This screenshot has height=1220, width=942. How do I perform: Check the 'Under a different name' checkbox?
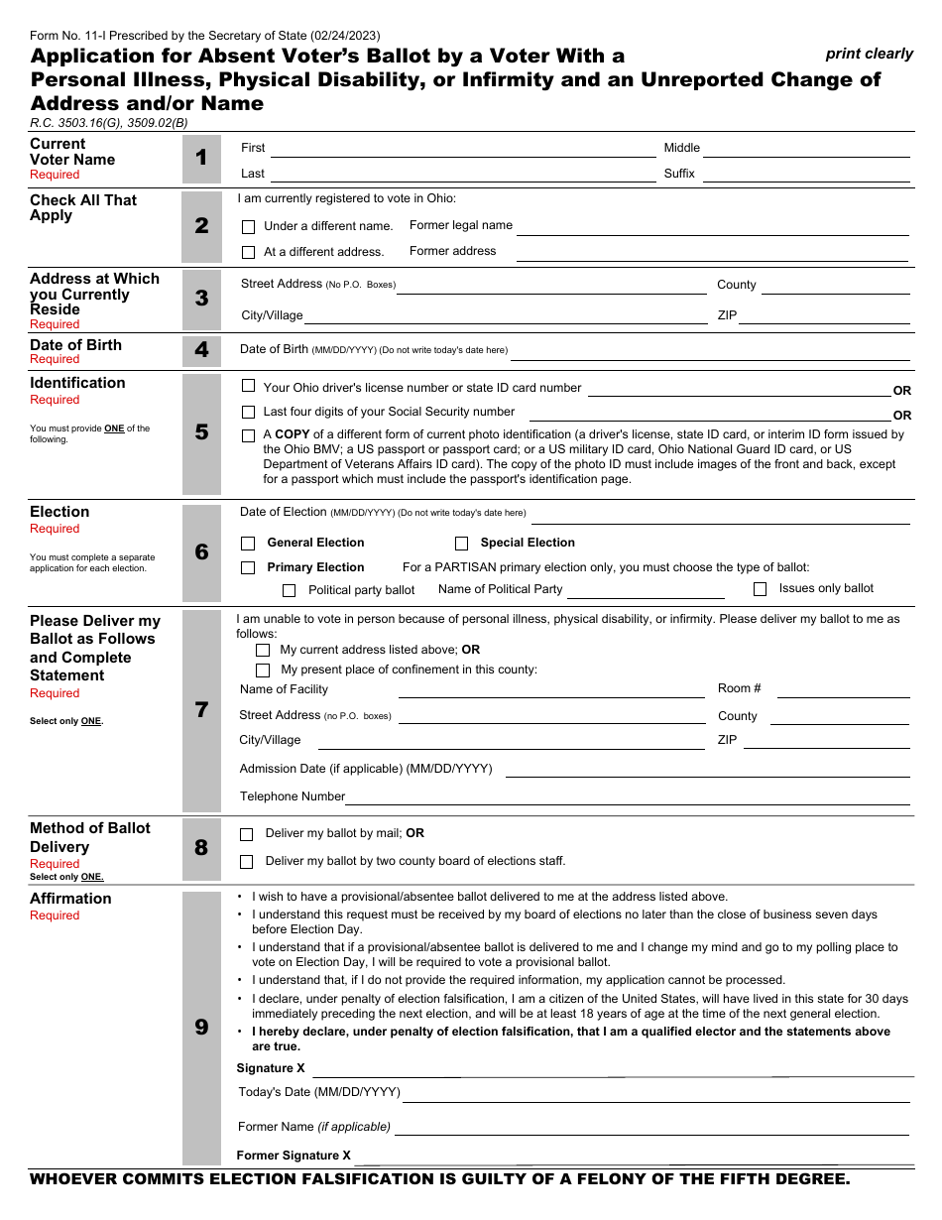[x=249, y=226]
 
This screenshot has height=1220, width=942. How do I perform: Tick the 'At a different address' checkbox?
[x=249, y=252]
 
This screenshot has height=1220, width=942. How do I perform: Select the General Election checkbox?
[x=248, y=544]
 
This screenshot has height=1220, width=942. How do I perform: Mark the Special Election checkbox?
[x=461, y=544]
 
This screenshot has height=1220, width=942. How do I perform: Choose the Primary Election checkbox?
[x=248, y=568]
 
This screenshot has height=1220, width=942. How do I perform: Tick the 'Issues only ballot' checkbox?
[x=760, y=589]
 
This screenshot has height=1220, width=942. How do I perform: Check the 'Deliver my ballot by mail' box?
[x=247, y=834]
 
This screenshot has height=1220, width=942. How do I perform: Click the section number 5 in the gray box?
[x=201, y=432]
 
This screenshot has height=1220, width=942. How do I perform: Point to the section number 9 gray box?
[x=201, y=1028]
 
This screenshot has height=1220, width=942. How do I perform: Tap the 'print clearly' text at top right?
[x=869, y=54]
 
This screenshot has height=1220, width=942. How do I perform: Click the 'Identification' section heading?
[x=77, y=383]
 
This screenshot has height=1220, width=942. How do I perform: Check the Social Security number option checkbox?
[x=249, y=412]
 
